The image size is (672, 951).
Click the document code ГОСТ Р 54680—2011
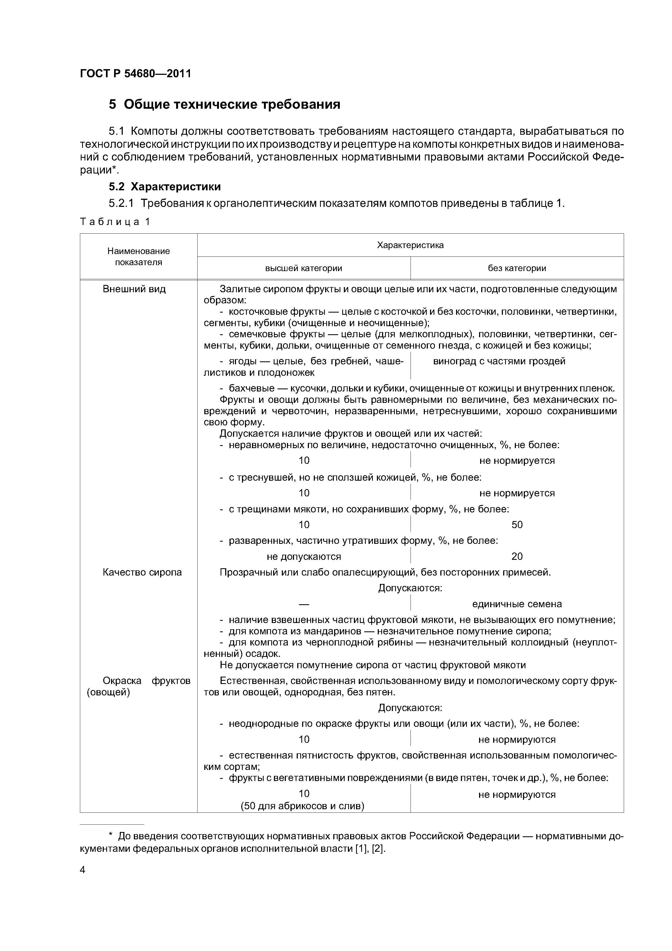(x=135, y=74)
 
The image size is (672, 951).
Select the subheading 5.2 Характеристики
(x=164, y=187)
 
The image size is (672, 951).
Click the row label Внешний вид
(x=134, y=289)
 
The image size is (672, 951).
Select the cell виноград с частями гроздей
(x=499, y=361)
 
